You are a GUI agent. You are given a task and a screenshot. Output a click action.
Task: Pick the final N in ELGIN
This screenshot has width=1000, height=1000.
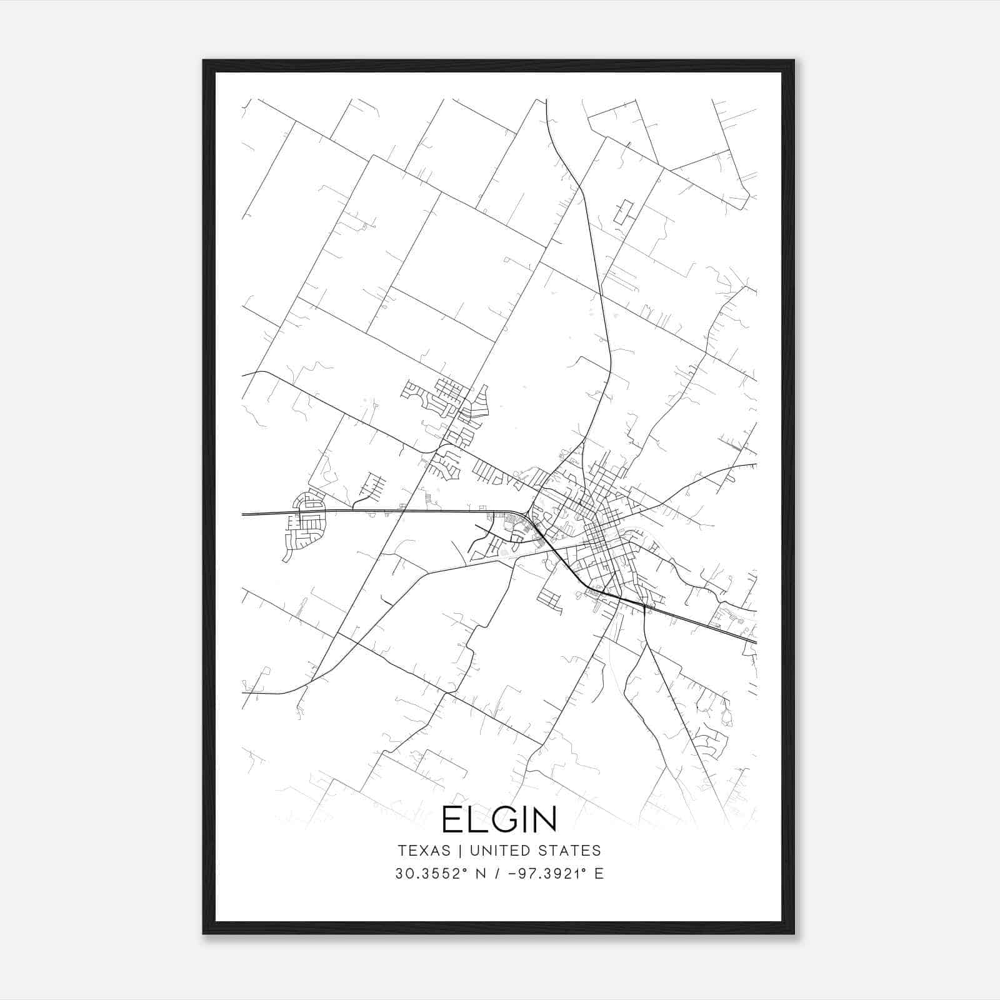(x=544, y=819)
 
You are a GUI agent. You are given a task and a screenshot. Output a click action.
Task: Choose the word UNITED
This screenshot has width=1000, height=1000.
(x=501, y=851)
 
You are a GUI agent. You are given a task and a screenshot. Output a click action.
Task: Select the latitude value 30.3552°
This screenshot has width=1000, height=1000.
(x=428, y=874)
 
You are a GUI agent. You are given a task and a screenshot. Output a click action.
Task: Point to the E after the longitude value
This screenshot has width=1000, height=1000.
(x=599, y=874)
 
